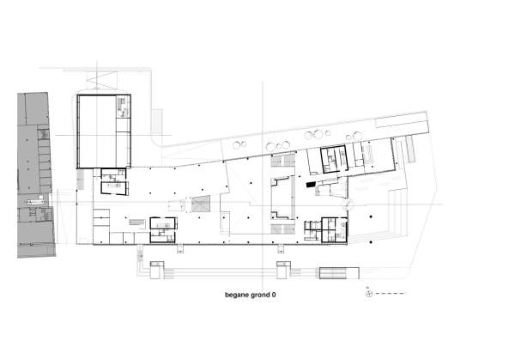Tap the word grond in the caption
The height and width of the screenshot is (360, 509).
pos(260,296)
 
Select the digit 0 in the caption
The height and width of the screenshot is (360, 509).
pos(274,296)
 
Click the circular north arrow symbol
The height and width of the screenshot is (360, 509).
pos(368,294)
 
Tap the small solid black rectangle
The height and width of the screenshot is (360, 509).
pos(310,183)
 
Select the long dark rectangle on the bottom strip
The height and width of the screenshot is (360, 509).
pos(336,273)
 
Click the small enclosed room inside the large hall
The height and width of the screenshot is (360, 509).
pos(123,107)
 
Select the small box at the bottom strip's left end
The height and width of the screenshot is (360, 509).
pos(155,269)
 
